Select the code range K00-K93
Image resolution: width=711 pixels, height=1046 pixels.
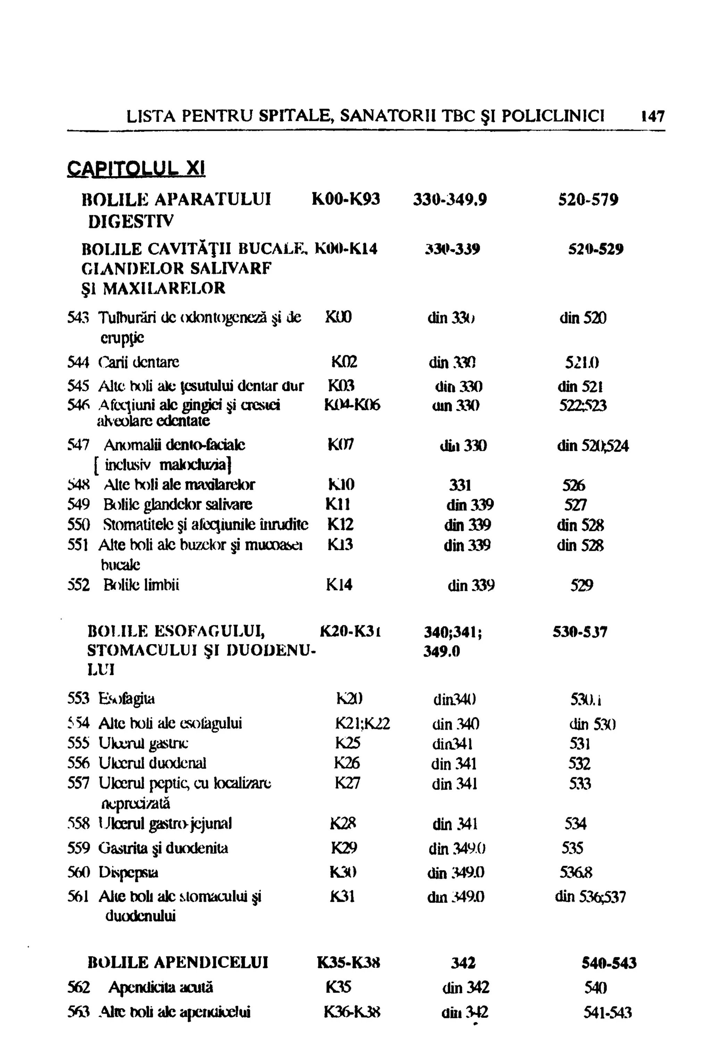[345, 199]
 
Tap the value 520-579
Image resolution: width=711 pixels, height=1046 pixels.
[588, 199]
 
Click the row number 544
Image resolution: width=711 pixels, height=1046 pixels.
[78, 362]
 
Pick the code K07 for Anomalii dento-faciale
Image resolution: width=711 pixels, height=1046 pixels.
[341, 445]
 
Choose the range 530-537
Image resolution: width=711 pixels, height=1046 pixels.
[580, 632]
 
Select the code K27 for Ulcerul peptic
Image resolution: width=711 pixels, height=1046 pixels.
[347, 784]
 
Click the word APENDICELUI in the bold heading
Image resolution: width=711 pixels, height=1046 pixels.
[211, 963]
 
